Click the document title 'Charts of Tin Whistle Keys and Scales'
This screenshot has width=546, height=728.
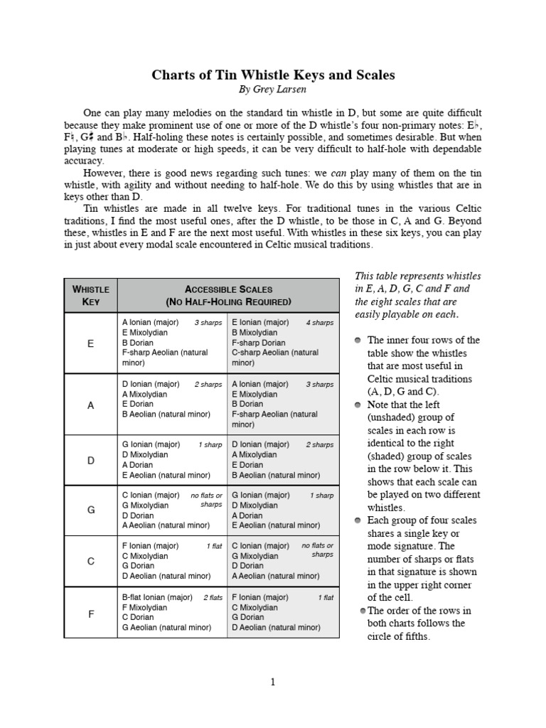click(273, 75)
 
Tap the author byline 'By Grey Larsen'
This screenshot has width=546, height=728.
click(273, 90)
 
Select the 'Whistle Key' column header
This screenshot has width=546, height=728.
click(90, 295)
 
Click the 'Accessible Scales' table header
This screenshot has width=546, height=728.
click(228, 295)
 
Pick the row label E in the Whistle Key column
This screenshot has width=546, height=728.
click(90, 343)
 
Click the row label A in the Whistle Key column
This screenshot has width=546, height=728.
click(90, 405)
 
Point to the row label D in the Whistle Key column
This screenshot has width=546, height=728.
click(90, 460)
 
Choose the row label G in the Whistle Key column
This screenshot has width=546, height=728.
click(90, 510)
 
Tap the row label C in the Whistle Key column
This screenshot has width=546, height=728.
click(90, 561)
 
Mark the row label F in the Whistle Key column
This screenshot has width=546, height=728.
click(90, 613)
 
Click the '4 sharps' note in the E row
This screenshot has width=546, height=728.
click(319, 323)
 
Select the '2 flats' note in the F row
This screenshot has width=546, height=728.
click(213, 598)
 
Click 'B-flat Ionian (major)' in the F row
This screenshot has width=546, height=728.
click(157, 597)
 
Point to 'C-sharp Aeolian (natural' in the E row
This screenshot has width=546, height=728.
click(274, 353)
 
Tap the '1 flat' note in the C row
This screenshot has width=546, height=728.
click(214, 547)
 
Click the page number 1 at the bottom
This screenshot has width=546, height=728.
click(272, 682)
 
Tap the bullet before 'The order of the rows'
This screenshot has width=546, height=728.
click(363, 611)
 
